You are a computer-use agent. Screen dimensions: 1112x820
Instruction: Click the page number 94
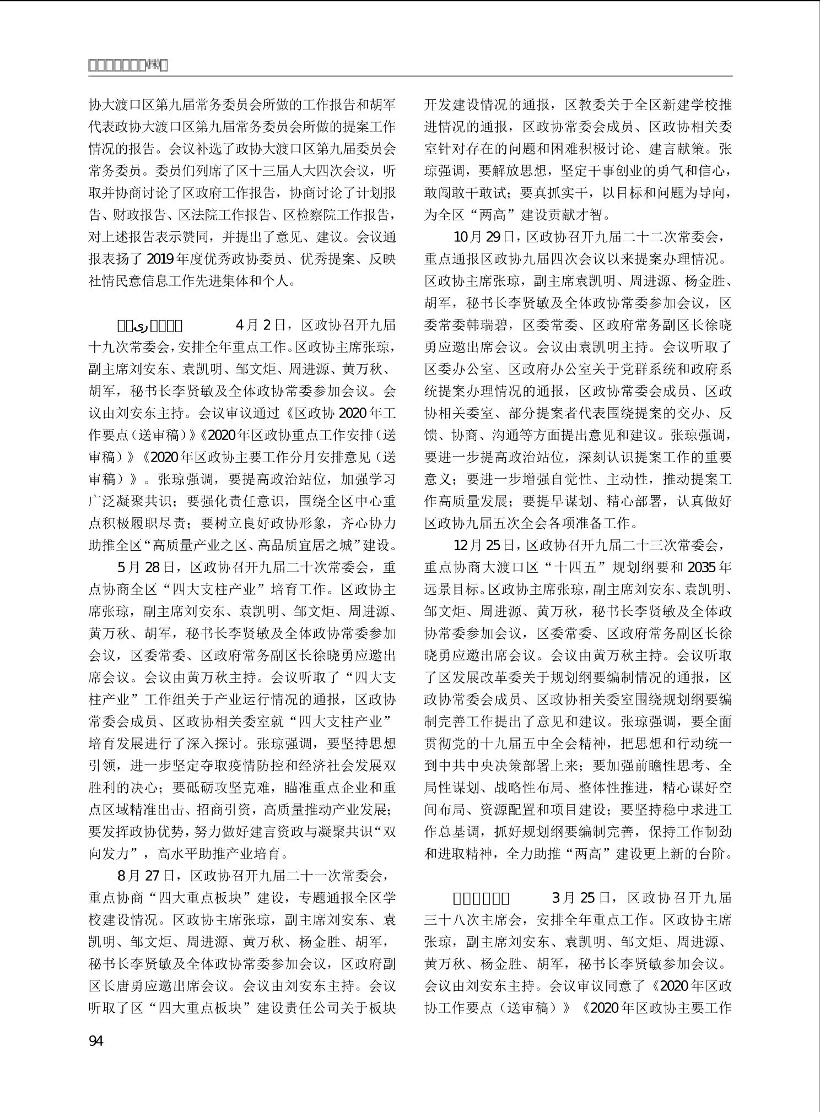96,1040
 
